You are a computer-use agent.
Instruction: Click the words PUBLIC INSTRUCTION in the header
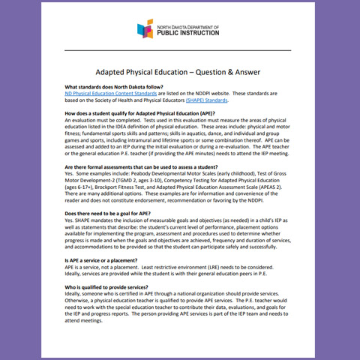click(193, 33)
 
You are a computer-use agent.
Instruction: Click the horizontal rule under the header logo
click(179, 51)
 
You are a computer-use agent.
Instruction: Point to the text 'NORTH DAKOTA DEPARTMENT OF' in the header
click(191, 25)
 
